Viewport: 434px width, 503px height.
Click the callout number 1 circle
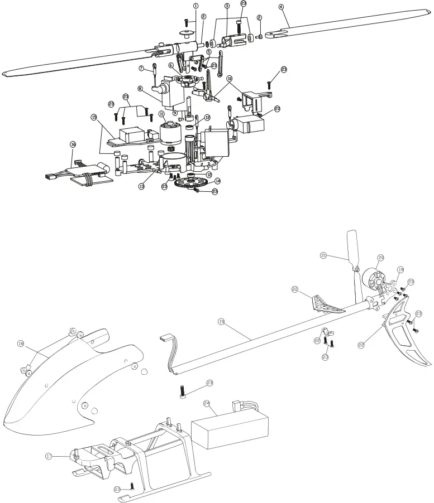[x=195, y=6]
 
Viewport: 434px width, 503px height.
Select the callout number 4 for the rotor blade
[x=281, y=7]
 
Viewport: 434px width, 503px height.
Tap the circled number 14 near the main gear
[x=217, y=181]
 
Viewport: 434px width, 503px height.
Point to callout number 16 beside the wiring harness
[x=73, y=144]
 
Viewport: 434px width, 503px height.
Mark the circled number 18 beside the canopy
[x=21, y=342]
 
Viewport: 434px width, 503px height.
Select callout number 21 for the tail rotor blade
[x=323, y=255]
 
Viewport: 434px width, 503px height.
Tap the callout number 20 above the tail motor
[x=381, y=258]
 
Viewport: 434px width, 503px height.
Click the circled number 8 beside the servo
[x=140, y=88]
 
